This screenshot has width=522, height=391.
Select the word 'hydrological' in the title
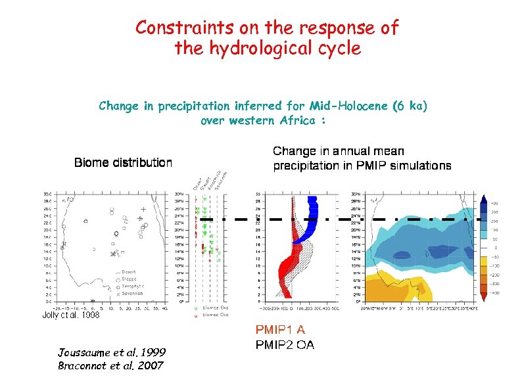tap(265, 49)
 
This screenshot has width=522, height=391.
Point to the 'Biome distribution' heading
tap(123, 162)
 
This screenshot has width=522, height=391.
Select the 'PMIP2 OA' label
tap(284, 345)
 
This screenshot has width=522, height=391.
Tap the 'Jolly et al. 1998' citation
tap(71, 315)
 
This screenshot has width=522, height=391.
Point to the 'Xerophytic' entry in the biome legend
tap(133, 287)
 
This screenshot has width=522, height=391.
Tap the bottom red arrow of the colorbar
tap(485, 297)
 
